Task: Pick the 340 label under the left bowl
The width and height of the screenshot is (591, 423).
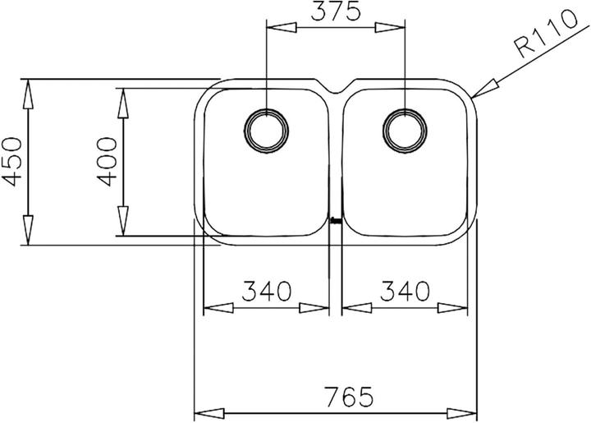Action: coord(267,291)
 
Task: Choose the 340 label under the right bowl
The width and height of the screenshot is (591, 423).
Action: coord(405,291)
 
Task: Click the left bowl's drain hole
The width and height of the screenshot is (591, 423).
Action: coord(267,128)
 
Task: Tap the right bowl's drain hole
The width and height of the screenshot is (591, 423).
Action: coord(405,128)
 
